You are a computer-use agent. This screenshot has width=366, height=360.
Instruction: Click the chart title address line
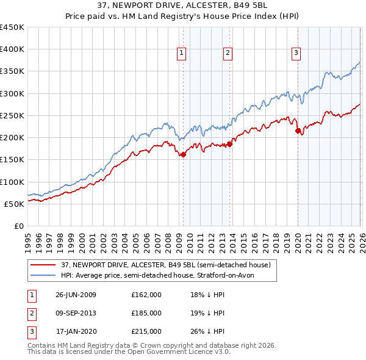(x=183, y=5)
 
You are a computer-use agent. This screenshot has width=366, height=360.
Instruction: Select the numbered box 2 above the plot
(x=228, y=54)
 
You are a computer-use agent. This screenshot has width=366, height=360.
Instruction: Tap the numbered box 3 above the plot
(x=296, y=54)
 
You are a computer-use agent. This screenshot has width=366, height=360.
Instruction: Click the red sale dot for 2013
(x=229, y=144)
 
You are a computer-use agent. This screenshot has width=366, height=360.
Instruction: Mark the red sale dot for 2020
(x=298, y=131)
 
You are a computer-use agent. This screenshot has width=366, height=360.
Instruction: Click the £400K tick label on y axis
(x=12, y=49)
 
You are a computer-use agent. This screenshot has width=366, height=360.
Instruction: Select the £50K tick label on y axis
(x=15, y=204)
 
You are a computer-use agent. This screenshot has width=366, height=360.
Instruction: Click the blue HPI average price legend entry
(x=161, y=275)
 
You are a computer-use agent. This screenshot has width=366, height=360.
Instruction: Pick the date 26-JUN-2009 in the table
(x=76, y=295)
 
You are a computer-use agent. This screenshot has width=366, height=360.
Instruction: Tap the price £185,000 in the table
(x=146, y=313)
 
